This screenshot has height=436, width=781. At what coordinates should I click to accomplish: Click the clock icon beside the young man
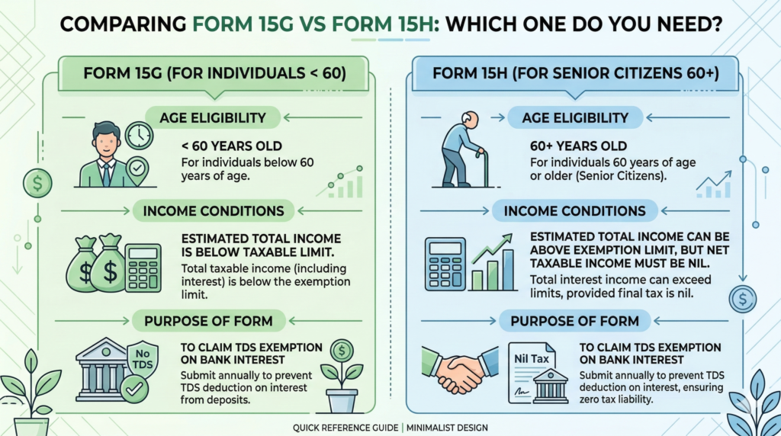pyautogui.click(x=140, y=136)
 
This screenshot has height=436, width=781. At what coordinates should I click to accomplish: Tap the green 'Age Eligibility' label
pyautogui.click(x=212, y=117)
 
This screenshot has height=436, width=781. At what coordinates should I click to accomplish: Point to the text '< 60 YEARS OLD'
pyautogui.click(x=222, y=146)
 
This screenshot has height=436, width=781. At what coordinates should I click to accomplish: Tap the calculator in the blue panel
pyautogui.click(x=445, y=263)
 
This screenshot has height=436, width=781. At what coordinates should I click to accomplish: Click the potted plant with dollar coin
pyautogui.click(x=341, y=373)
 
